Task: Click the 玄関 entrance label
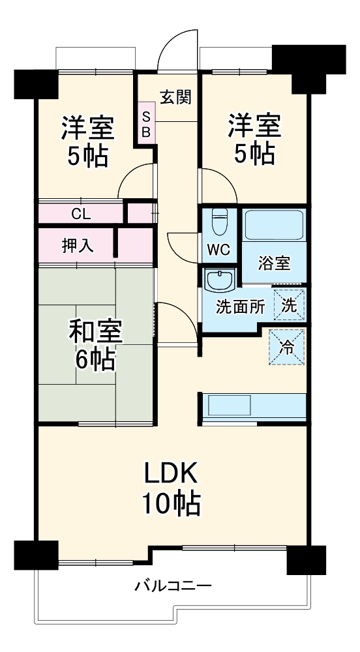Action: (x=175, y=97)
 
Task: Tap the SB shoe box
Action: (x=147, y=124)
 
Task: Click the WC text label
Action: (x=218, y=250)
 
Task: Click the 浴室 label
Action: (x=274, y=264)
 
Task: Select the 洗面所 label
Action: (x=240, y=306)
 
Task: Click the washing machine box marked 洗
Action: (x=289, y=304)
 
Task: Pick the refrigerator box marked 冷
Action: (x=287, y=347)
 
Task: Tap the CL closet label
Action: (x=81, y=213)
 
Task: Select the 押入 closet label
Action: (x=78, y=245)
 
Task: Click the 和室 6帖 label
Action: (x=95, y=346)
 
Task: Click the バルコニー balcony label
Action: (x=173, y=585)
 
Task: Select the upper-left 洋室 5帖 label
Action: (x=87, y=141)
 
